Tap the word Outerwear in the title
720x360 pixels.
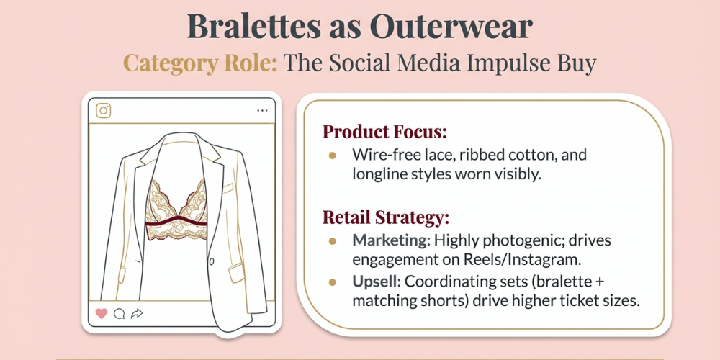(x=451, y=26)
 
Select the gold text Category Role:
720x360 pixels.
(x=199, y=63)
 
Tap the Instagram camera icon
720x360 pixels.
(x=104, y=110)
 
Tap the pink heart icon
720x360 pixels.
(x=102, y=313)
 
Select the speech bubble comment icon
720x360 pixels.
(x=120, y=313)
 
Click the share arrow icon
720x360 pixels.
(x=137, y=313)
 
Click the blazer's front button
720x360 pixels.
(x=210, y=261)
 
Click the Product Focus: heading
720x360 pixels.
(x=384, y=132)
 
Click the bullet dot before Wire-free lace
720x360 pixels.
(x=332, y=155)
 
